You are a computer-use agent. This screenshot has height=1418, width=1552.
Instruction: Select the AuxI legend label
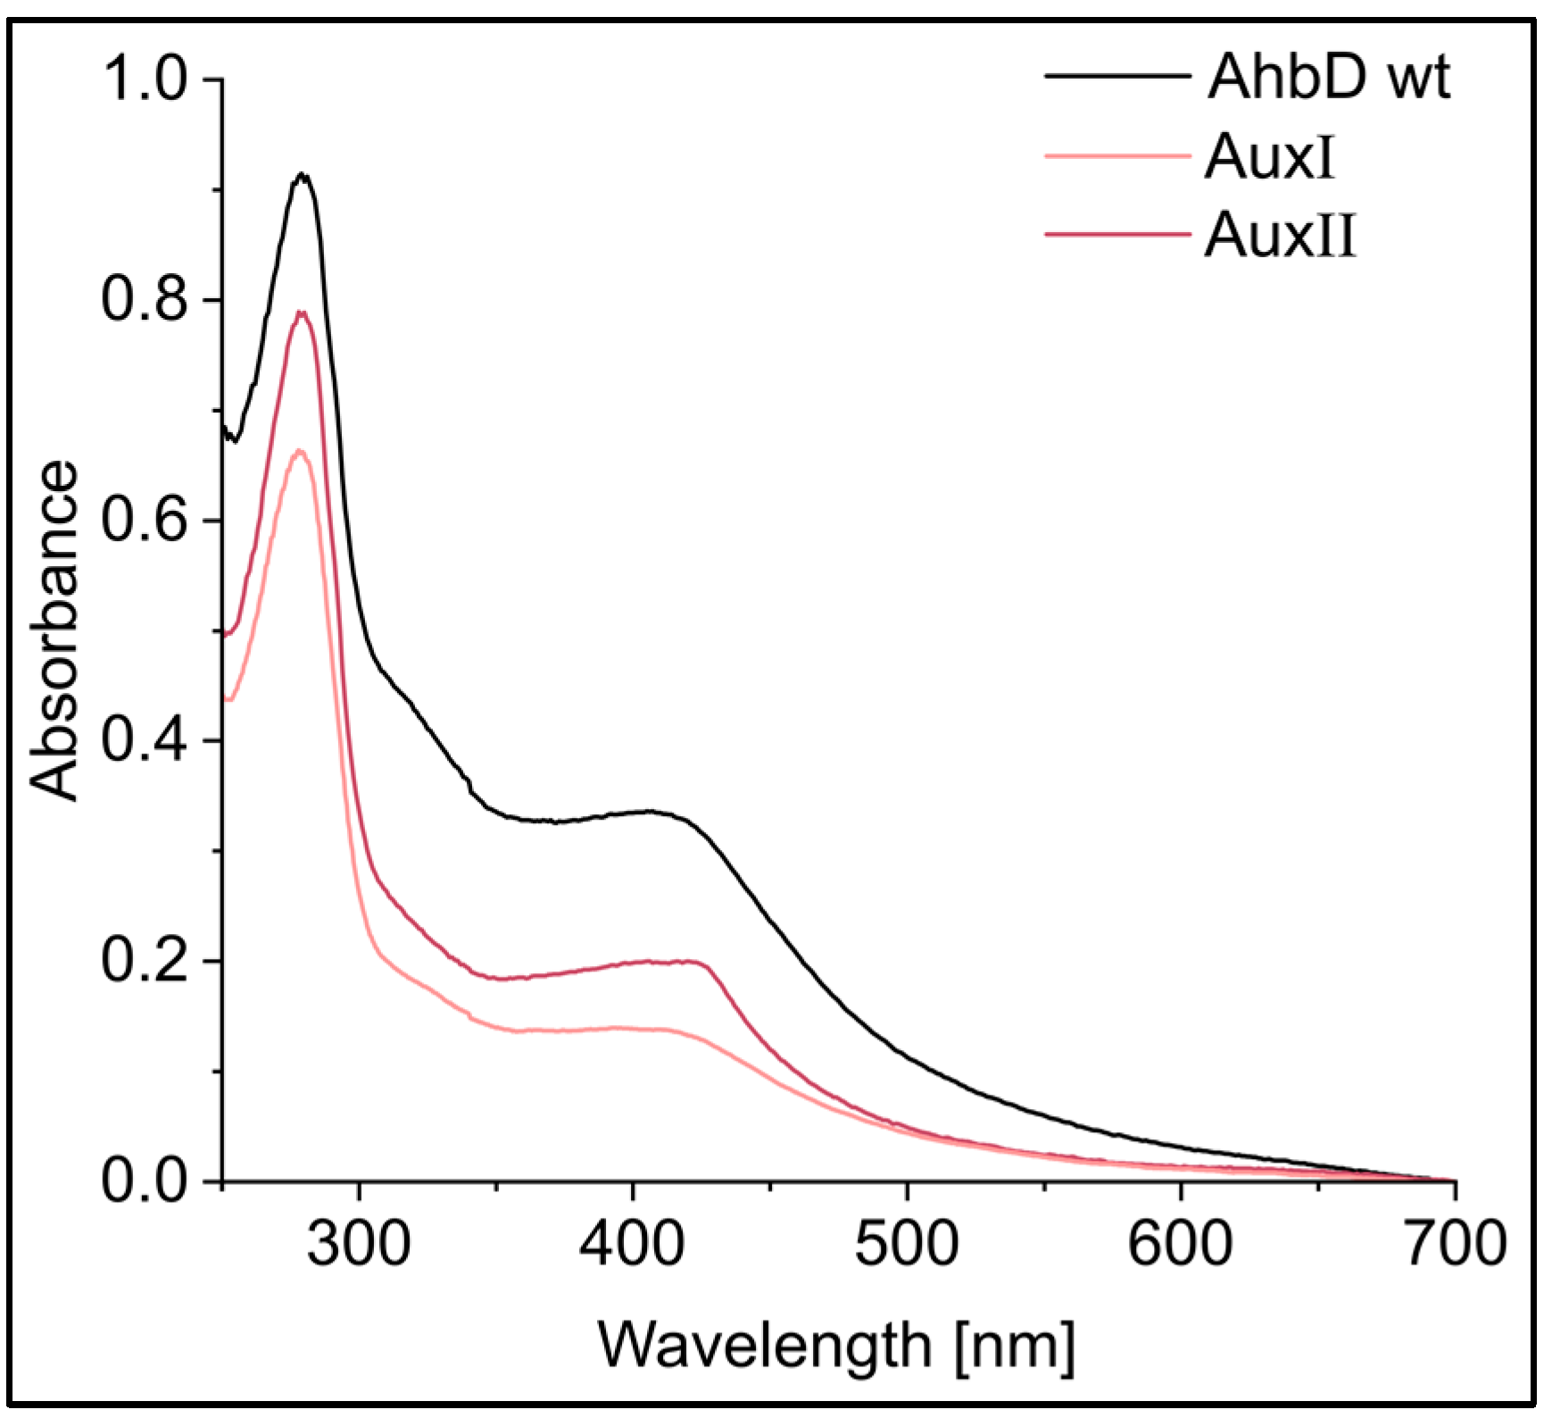(x=1269, y=157)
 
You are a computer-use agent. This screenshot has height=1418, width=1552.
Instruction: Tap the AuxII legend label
(x=1280, y=236)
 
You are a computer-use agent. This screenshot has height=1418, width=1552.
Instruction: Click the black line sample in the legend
(x=1117, y=77)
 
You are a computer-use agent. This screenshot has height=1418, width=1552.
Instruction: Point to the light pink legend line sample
(x=1117, y=156)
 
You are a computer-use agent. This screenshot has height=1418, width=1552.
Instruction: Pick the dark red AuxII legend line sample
(x=1117, y=234)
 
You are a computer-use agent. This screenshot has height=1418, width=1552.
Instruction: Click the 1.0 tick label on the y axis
(x=145, y=78)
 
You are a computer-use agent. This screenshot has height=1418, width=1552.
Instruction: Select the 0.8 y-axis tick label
(x=145, y=298)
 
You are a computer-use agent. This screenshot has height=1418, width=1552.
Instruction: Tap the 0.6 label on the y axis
(x=145, y=519)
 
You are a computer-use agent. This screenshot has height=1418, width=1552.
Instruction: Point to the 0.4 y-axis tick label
(x=145, y=739)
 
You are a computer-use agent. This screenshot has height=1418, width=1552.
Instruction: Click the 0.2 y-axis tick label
(x=145, y=960)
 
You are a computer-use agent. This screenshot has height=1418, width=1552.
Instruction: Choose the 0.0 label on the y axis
(x=145, y=1180)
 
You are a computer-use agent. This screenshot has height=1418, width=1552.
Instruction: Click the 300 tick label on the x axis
(x=359, y=1242)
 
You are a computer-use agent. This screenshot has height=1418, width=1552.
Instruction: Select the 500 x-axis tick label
(x=907, y=1242)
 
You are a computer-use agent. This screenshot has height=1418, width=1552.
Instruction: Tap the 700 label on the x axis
(x=1455, y=1242)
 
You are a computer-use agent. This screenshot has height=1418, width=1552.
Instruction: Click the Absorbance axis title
(x=54, y=630)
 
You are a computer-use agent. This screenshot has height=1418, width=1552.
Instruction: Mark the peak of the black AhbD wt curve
(x=303, y=175)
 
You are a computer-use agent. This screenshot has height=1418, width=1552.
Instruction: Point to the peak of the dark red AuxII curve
(x=302, y=313)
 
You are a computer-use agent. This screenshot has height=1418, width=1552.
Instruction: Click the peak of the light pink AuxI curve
(x=300, y=450)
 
